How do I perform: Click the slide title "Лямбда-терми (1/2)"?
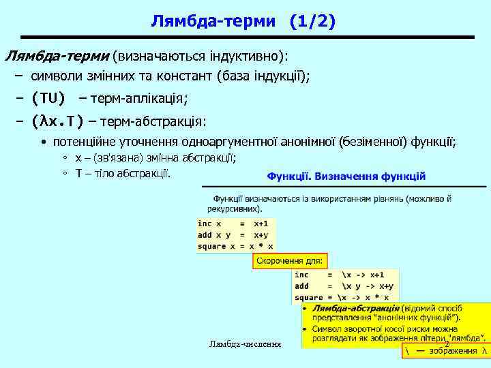click(243, 22)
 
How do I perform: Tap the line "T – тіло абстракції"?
click(122, 173)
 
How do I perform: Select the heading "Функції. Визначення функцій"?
click(346, 176)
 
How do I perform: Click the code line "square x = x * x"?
click(235, 246)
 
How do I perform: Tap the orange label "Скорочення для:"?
click(291, 261)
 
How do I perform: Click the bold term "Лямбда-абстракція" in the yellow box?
click(356, 309)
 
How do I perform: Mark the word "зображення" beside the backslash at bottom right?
click(453, 351)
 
